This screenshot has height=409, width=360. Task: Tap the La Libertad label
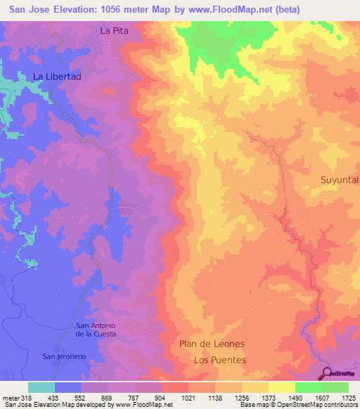pos(58,76)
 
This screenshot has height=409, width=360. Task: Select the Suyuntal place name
pos(340,180)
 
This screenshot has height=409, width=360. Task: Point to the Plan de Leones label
pos(212,344)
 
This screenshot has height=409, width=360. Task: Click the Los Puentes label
pos(219,360)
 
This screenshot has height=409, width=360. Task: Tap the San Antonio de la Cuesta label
pos(96,330)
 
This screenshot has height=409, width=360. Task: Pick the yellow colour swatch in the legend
pos(282,387)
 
